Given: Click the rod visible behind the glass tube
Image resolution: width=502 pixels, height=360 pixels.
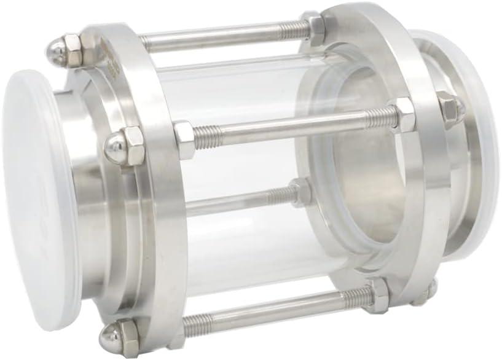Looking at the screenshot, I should point(240,202).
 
